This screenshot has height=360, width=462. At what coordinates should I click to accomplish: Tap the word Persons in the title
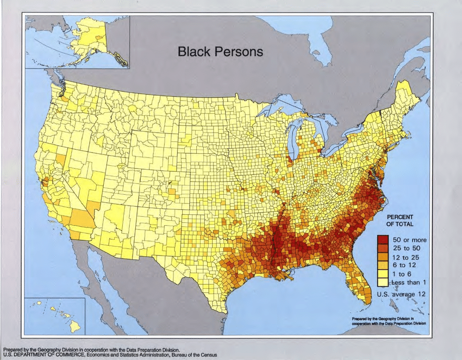point(239,52)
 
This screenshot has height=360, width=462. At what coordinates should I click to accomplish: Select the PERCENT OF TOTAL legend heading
point(400,220)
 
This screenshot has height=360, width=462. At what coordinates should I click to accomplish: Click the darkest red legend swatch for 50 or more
point(383,239)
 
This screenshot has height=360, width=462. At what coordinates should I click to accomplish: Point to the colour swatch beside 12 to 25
point(383,257)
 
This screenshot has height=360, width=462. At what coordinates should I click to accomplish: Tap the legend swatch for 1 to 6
point(383,274)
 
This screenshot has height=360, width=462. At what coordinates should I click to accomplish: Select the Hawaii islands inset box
point(54,315)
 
